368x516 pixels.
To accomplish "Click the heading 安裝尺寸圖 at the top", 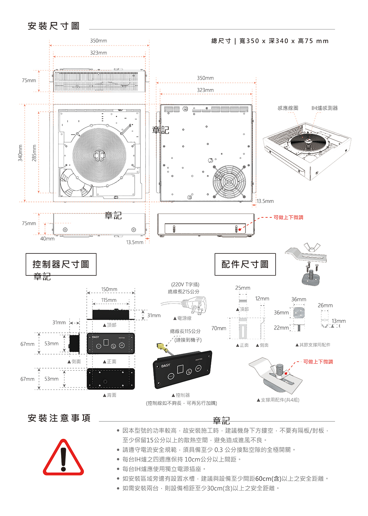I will (x=54, y=26).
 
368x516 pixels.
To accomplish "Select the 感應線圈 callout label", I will (x=288, y=108).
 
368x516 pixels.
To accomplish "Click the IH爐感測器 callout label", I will (x=324, y=108).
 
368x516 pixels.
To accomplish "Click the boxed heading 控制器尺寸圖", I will (x=61, y=264).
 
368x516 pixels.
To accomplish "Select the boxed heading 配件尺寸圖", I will (x=245, y=264).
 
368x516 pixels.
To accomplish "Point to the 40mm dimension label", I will (x=47, y=239).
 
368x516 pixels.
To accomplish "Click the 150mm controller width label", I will (x=109, y=289).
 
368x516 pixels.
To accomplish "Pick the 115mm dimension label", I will (x=109, y=300).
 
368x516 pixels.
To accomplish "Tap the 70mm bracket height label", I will (x=219, y=328).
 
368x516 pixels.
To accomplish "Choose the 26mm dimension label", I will (x=325, y=305).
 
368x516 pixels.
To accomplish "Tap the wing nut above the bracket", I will (x=311, y=247).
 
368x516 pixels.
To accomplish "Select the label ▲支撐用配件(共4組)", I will (x=278, y=400).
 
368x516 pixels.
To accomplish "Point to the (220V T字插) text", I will (x=185, y=284).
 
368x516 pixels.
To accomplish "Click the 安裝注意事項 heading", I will (x=59, y=418).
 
